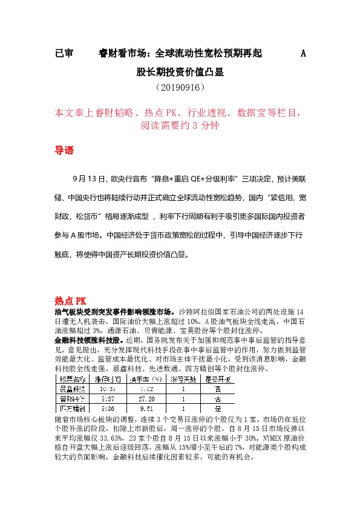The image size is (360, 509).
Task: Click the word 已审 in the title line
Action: click(64, 54)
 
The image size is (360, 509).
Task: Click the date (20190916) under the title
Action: click(180, 88)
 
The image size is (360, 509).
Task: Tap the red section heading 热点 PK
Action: click(71, 300)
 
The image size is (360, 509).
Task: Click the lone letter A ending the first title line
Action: click(304, 54)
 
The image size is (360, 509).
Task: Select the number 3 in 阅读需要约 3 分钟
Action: click(195, 126)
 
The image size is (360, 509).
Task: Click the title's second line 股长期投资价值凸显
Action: click(180, 72)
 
